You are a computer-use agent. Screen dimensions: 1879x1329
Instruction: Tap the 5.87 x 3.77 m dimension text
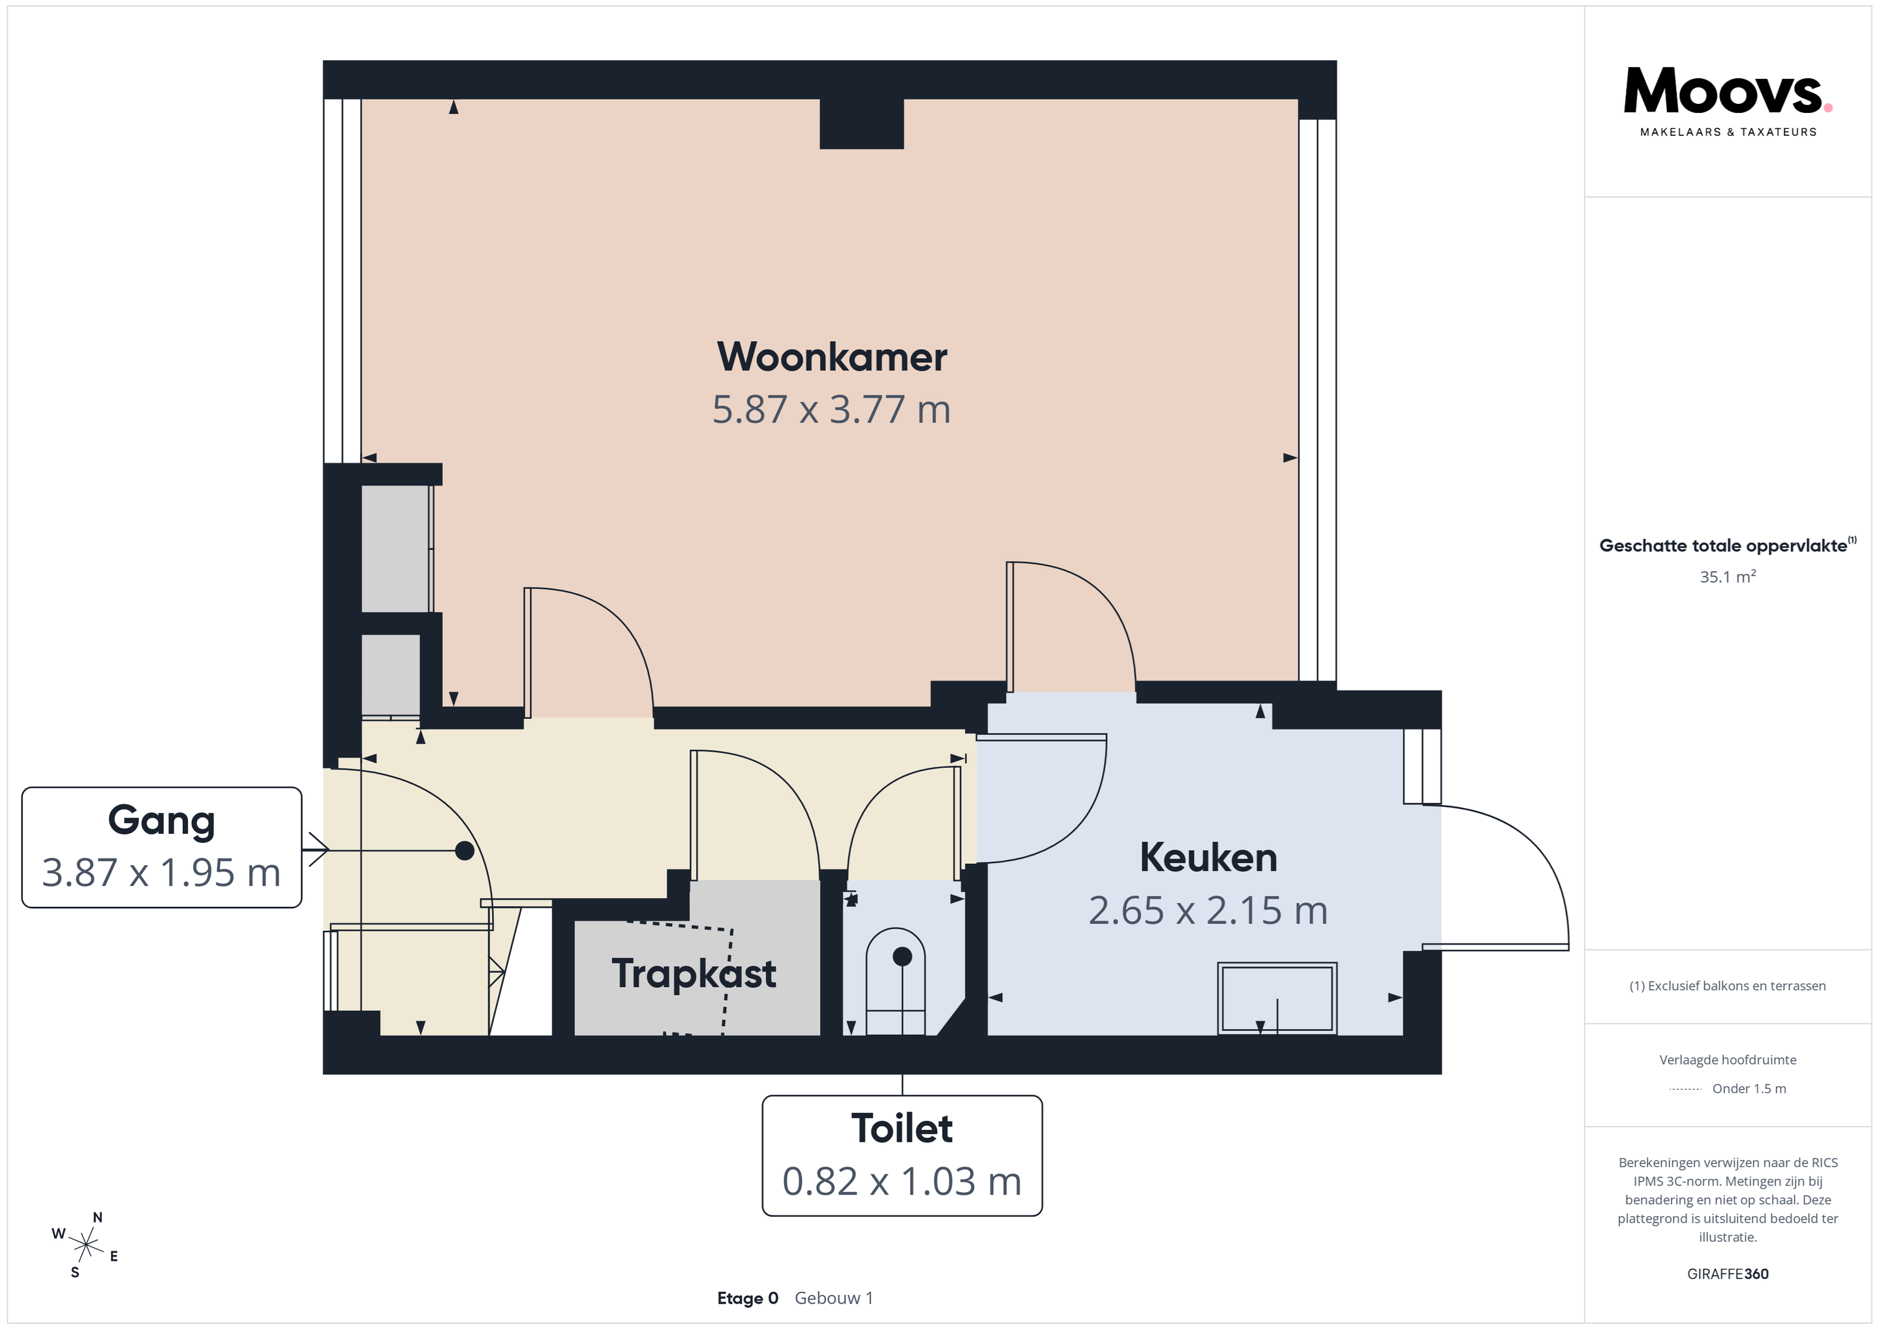point(831,409)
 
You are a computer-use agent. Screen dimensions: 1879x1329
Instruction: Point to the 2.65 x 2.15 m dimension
point(1208,910)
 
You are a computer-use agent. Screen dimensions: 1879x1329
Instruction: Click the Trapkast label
point(694,974)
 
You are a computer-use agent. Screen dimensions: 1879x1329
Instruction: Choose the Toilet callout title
point(902,1129)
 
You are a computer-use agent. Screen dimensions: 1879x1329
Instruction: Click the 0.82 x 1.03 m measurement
point(902,1181)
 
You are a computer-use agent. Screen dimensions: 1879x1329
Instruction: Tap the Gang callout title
point(161,821)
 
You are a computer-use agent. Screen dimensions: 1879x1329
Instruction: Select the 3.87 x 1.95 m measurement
point(161,872)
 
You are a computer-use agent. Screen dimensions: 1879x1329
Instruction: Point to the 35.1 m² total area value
point(1728,576)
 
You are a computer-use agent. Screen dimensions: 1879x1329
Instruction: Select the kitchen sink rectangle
point(1277,998)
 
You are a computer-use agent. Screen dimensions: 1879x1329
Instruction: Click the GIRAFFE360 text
point(1728,1274)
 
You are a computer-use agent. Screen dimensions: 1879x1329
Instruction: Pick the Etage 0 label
point(747,1299)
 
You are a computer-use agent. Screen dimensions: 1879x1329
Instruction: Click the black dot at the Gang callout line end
point(464,851)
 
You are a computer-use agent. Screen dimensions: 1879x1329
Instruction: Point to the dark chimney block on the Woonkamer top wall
point(862,123)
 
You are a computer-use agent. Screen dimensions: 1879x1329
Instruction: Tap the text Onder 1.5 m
point(1749,1088)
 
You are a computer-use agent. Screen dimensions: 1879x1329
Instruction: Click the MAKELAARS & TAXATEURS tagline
point(1728,132)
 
